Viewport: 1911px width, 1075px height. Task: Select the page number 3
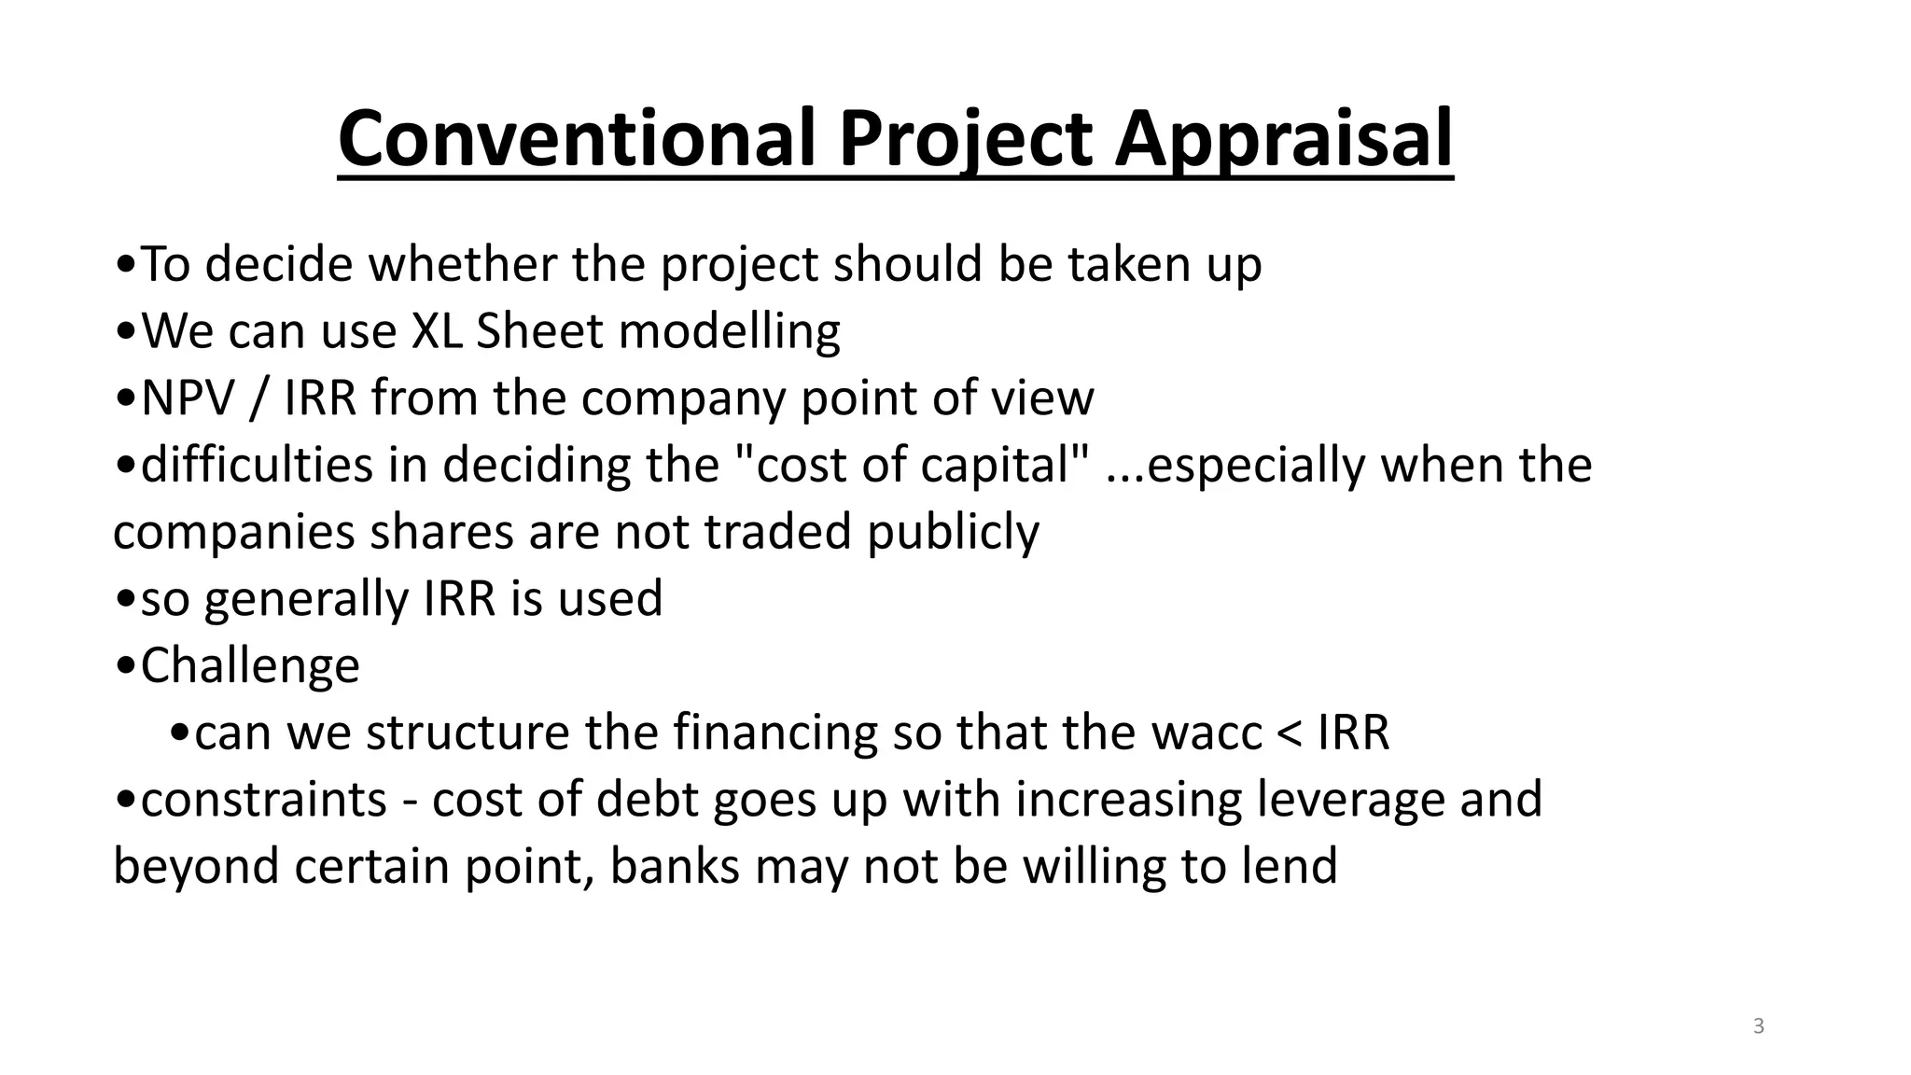pos(1758,1026)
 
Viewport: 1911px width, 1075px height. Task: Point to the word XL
pos(437,331)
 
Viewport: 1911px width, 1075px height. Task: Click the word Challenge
pos(250,665)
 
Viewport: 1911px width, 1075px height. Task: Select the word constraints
pos(264,801)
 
